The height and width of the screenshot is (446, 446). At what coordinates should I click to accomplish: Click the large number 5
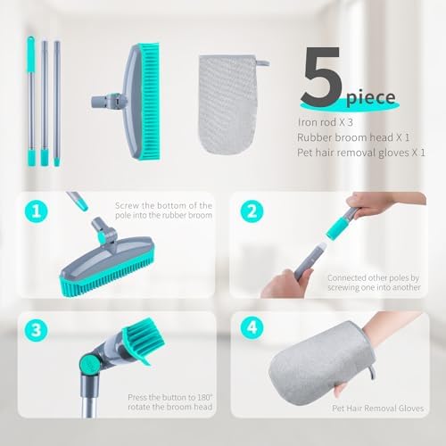pos(320,76)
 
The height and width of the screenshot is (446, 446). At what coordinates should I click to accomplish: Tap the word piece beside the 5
pos(371,98)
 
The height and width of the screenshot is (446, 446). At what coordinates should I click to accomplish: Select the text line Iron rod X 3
pos(326,122)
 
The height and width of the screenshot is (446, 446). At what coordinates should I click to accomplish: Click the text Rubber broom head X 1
pos(353,137)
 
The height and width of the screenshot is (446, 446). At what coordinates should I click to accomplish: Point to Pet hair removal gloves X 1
pos(361,153)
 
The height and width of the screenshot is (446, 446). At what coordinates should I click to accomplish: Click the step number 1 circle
pos(37,211)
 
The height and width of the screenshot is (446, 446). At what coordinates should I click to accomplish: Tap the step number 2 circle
pos(252,211)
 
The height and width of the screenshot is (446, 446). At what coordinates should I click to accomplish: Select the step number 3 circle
pos(37,330)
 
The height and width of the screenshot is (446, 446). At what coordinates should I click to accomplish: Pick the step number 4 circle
pos(252,327)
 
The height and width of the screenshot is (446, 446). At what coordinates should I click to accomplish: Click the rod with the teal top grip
pos(31,101)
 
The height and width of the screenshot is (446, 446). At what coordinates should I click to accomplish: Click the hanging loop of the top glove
pos(263,63)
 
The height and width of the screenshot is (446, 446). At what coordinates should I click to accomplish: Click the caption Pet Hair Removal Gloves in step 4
pos(377,409)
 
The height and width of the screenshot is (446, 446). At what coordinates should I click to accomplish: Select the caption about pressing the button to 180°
pos(170,402)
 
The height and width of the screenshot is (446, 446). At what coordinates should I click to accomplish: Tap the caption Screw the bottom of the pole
pos(163,211)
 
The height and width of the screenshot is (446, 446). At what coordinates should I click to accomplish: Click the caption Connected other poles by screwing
pos(374,283)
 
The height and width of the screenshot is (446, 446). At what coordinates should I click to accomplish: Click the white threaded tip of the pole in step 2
pos(321,247)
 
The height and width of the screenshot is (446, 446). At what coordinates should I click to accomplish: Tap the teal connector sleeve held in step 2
pos(337,228)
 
